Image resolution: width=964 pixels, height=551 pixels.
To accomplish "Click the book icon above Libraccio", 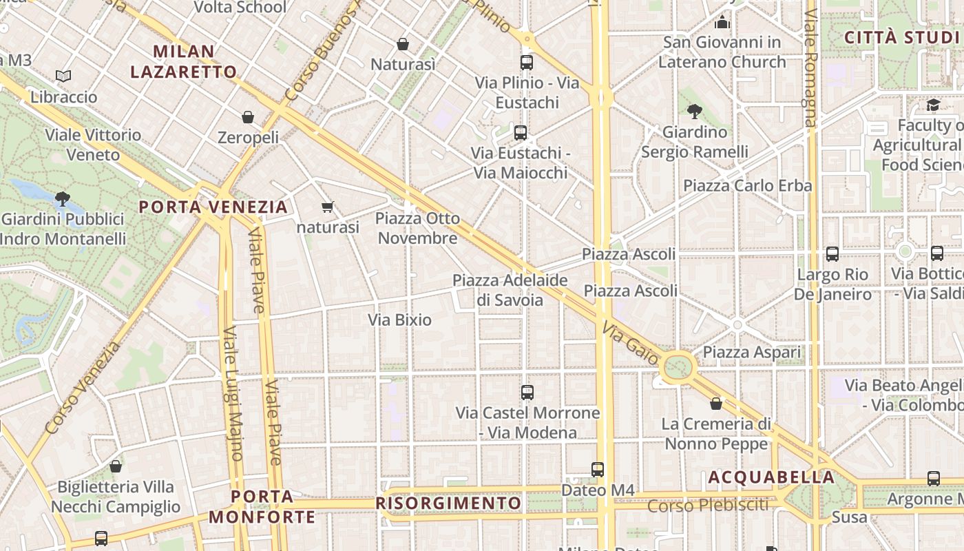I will click(x=63, y=76).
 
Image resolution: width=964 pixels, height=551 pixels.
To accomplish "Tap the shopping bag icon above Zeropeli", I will click(x=248, y=117).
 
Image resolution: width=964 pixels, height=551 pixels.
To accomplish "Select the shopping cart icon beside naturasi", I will click(x=328, y=207).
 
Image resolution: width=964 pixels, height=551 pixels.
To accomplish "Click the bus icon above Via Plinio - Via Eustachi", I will click(x=527, y=63).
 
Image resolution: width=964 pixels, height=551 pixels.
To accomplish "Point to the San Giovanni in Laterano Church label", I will click(x=722, y=52).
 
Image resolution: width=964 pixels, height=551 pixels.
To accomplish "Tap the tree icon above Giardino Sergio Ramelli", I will click(x=695, y=111).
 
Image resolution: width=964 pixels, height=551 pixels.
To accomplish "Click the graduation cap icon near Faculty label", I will click(x=933, y=105).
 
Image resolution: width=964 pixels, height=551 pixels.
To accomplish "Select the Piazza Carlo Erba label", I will click(x=747, y=185).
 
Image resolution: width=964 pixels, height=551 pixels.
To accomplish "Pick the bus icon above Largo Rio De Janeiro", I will click(x=832, y=254).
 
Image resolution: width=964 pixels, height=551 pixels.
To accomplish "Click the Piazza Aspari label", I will click(x=752, y=352).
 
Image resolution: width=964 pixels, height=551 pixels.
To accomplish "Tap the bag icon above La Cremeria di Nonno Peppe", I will click(x=716, y=404).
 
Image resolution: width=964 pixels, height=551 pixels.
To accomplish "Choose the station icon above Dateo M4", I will click(x=598, y=470).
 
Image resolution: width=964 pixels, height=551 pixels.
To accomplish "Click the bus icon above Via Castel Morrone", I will click(x=527, y=393).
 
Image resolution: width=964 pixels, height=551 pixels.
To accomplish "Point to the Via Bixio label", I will click(x=399, y=320).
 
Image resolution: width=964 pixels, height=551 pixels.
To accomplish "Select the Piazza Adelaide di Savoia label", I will click(x=510, y=290).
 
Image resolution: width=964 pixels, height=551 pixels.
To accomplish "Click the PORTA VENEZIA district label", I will click(x=213, y=207).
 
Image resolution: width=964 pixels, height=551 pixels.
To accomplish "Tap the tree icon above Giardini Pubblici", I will click(x=63, y=200).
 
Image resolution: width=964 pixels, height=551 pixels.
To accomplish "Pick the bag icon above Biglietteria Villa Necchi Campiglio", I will click(x=116, y=467).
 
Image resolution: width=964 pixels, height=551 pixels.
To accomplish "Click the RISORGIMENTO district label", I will click(x=448, y=503).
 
